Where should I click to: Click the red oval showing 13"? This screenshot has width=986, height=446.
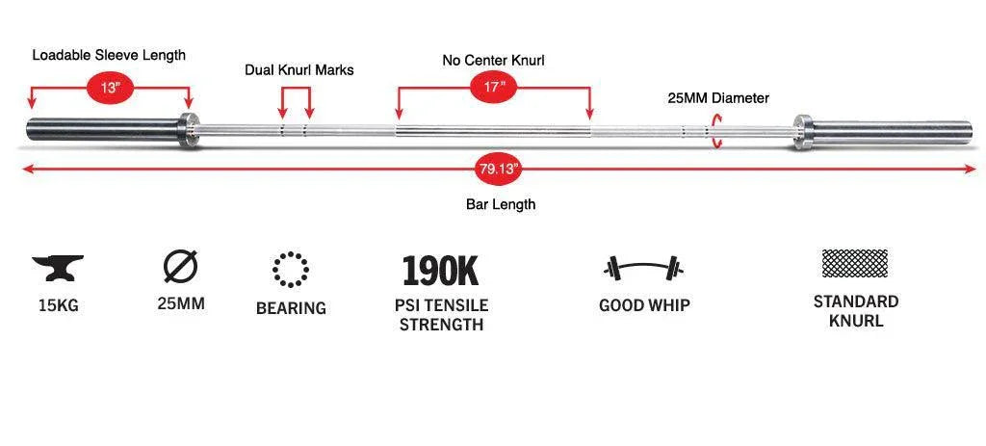pos(110,88)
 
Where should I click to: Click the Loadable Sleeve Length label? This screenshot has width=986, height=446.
pos(109,55)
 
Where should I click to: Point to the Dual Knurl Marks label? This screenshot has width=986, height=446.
pos(299,69)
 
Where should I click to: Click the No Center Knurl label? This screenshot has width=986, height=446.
pos(494,61)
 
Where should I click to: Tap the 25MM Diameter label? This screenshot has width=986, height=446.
pos(718,98)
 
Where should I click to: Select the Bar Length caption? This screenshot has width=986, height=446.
pos(501,204)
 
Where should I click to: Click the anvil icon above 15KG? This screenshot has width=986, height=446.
pos(58,268)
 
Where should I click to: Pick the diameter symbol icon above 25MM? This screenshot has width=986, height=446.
pos(180,266)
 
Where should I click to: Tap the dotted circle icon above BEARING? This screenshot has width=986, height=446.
pos(291,269)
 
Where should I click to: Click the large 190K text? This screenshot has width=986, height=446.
pos(440,270)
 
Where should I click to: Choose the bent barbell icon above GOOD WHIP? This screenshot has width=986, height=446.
pos(643,268)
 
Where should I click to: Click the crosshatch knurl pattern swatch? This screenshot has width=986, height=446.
pos(855,263)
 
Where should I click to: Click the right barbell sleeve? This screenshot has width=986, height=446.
pos(893,132)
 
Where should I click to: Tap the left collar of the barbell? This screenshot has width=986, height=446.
pos(188,130)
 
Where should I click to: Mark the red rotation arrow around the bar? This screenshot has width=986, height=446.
pos(715,131)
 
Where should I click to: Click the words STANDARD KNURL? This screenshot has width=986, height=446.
pos(856,311)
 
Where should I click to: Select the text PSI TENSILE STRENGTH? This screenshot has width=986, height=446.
pos(441,315)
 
